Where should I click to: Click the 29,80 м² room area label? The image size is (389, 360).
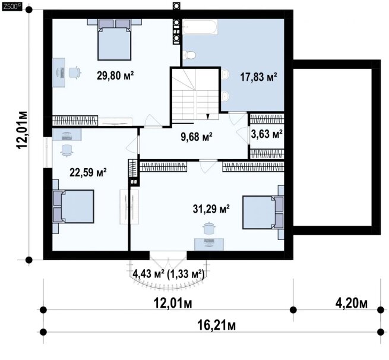pos(115,75)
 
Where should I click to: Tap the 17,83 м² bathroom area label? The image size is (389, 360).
pos(258,77)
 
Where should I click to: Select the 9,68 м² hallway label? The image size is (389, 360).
pos(197,137)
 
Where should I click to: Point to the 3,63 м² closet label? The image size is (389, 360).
pos(267,134)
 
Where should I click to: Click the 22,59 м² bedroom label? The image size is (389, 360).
pos(88,172)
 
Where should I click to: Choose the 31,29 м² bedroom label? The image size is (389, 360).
pos(211,209)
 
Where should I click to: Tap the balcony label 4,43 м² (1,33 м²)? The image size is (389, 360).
pos(169,274)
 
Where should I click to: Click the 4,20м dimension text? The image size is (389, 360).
pos(352,303)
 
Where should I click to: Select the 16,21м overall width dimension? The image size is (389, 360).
pos(217,325)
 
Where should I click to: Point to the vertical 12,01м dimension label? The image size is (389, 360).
pos(23,130)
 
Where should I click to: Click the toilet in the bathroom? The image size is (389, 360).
pos(189,55)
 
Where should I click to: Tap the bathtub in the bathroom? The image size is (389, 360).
pos(200,27)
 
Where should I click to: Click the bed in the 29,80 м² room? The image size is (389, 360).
pos(114,40)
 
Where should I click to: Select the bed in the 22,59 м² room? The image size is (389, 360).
pos(74,207)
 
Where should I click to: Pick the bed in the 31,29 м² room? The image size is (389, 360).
pos(263,212)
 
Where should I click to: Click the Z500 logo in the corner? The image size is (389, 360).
pos(11,7)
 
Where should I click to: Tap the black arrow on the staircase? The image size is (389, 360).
pos(208,116)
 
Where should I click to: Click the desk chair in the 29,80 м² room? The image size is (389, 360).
pos(75,72)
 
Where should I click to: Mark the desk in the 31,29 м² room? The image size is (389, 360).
pos(209,244)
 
